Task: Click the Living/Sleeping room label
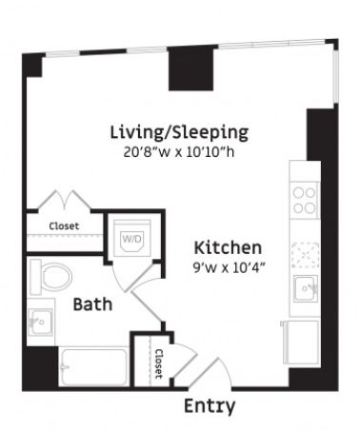(179, 132)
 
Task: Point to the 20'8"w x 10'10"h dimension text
(179, 152)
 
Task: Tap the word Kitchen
(228, 247)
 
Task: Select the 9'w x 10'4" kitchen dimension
(229, 268)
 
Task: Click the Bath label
(92, 304)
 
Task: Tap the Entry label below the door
(210, 406)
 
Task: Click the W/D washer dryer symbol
(132, 239)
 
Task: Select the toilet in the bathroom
(50, 277)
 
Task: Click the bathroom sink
(40, 322)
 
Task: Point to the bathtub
(94, 366)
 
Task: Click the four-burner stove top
(305, 201)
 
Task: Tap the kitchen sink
(306, 288)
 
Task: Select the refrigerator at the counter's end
(301, 343)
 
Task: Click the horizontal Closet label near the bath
(64, 226)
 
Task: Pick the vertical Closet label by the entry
(158, 363)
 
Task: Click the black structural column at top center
(191, 69)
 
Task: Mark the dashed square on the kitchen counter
(306, 255)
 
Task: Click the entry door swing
(210, 373)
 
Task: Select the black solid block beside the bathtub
(40, 368)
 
